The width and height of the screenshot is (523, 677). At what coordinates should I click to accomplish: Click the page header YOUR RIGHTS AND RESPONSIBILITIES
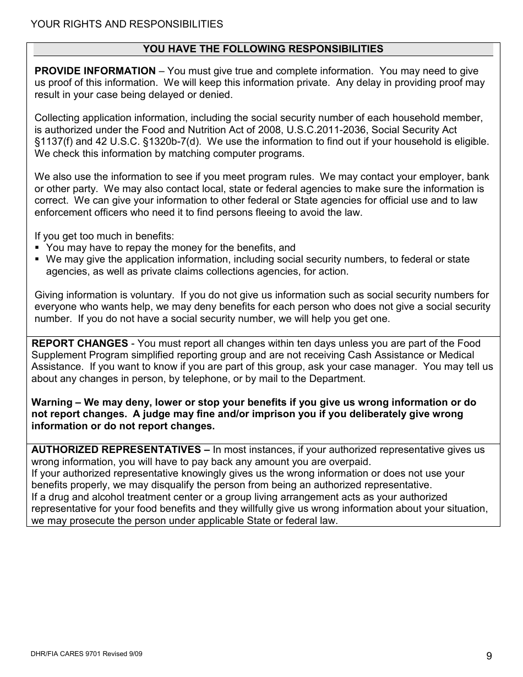(127, 24)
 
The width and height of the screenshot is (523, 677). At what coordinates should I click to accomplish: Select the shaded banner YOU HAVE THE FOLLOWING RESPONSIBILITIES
(263, 49)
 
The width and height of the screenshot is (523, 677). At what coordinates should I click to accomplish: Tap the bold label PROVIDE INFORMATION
(95, 71)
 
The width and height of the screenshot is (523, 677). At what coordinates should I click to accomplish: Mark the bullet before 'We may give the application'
(37, 260)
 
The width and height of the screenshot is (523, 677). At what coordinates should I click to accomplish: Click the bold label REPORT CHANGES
(79, 343)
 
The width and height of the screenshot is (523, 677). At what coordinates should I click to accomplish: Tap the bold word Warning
(52, 402)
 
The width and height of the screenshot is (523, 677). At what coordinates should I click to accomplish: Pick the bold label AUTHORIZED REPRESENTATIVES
(116, 450)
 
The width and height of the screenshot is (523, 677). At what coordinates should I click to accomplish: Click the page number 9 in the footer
(489, 656)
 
